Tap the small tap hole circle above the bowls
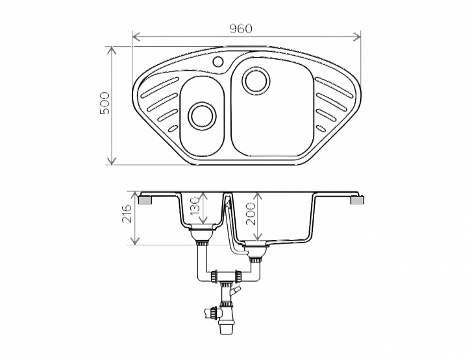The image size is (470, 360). [x=218, y=62]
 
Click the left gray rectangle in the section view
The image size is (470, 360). [x=146, y=200]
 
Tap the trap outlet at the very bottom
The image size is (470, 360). [x=227, y=329]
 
